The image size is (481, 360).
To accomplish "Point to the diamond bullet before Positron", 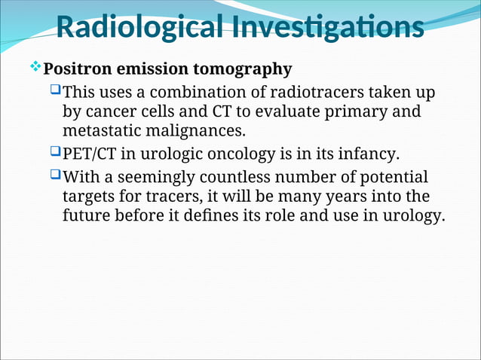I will pos(34,69).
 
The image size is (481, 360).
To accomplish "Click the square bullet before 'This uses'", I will pos(53,93).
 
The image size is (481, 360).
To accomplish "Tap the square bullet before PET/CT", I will pos(53,154).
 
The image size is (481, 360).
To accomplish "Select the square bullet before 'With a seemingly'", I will pos(53,178).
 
